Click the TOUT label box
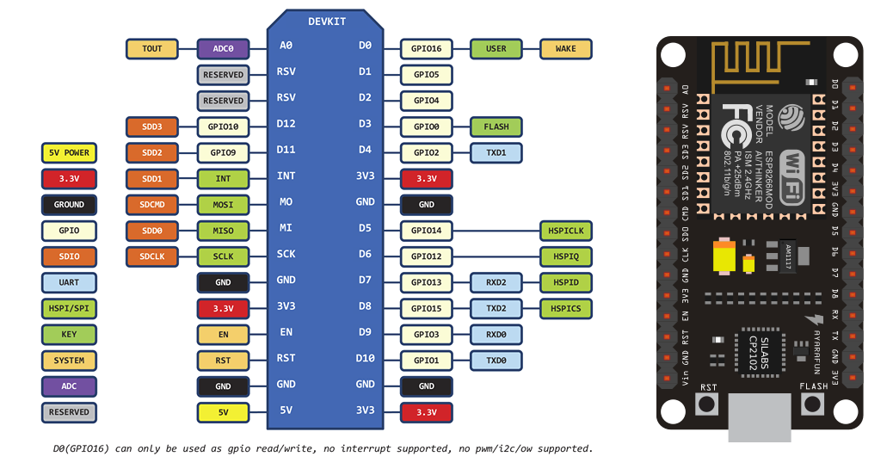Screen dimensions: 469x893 pos(152,49)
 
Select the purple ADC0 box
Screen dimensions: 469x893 pos(223,49)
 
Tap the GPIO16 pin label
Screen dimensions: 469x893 pos(426,49)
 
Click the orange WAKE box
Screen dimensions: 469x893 pos(565,49)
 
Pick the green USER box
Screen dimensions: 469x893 pos(496,49)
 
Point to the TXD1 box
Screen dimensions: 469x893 pos(496,152)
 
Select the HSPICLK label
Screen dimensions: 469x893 pos(565,231)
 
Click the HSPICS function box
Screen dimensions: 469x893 pos(565,308)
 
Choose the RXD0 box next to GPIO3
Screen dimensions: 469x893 pos(496,334)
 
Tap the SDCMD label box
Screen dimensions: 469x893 pos(152,205)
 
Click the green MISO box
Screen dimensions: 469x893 pos(223,231)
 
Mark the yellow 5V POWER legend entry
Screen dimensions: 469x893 pos(69,153)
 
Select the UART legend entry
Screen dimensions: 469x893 pos(69,282)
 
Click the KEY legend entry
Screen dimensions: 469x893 pos(69,334)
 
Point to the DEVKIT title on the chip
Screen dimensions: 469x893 pos(326,21)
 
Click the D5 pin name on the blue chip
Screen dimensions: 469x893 pos(365,228)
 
